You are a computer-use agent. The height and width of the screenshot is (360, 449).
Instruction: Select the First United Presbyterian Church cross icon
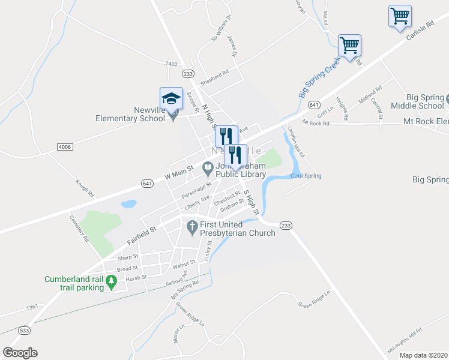point(192,227)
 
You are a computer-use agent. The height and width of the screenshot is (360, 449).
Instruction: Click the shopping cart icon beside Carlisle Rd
point(400,16)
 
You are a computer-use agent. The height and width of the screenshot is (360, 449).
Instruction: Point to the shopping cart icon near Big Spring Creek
point(349,45)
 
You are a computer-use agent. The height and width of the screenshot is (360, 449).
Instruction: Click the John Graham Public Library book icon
point(208,166)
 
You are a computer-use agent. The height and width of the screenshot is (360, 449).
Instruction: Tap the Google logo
point(20,353)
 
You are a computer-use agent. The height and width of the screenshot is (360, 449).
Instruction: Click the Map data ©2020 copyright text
point(423,355)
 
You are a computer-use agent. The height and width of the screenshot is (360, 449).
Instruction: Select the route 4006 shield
point(64,146)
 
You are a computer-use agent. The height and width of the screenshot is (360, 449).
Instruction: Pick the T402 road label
point(172,64)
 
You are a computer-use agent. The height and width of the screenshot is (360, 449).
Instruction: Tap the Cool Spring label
point(306,176)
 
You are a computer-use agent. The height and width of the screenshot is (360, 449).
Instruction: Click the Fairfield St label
point(141,236)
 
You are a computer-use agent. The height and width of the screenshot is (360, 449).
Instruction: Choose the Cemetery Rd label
point(79,229)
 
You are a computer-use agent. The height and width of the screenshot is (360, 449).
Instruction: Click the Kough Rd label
point(85,188)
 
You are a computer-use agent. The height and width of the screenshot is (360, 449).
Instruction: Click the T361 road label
point(32,307)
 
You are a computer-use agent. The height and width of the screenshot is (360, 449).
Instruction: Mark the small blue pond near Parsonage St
point(128,204)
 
